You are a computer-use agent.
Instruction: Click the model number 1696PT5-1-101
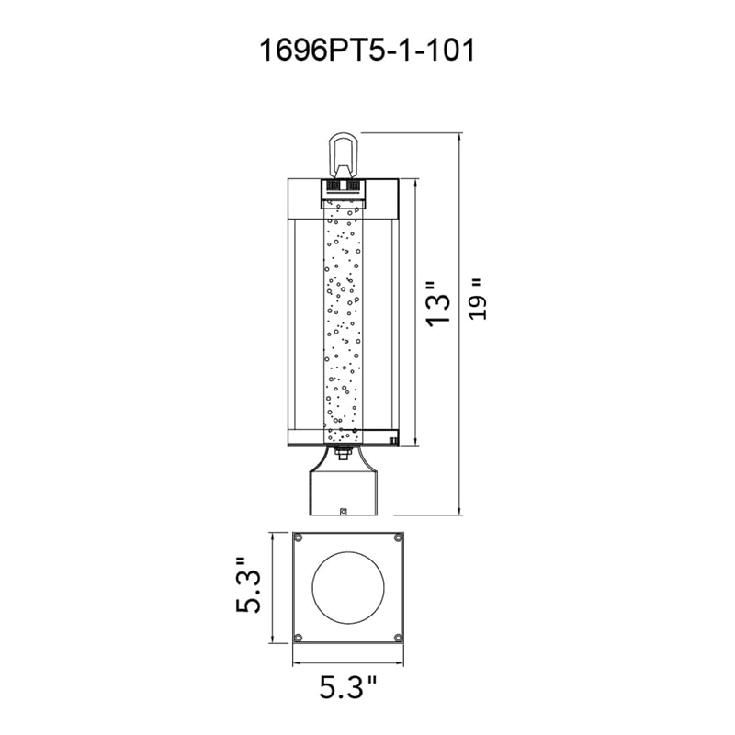tap(367, 51)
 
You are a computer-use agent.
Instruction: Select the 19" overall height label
tap(478, 300)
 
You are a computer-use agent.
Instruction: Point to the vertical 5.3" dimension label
tap(247, 584)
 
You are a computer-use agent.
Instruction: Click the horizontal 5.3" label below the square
tap(348, 687)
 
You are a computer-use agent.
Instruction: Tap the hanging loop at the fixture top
tap(343, 153)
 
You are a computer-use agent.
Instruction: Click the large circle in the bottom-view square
tap(348, 588)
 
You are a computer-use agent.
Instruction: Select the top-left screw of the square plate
tap(298, 538)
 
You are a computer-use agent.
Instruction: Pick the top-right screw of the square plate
tap(399, 538)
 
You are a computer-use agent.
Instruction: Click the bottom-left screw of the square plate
tap(298, 638)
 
